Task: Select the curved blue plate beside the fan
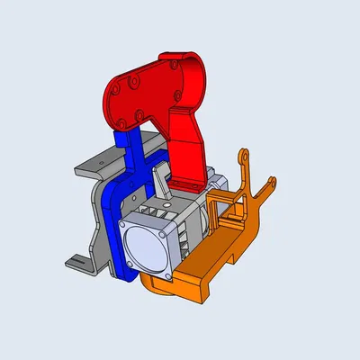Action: coord(113,216)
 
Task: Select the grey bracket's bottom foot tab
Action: coord(76,263)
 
